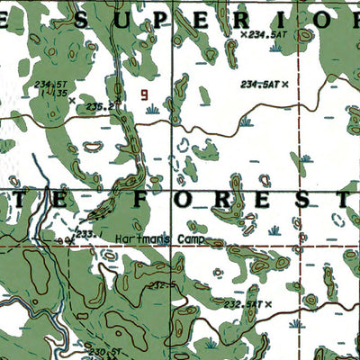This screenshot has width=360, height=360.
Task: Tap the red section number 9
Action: [x=143, y=93]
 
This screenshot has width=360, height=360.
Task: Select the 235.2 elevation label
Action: [x=100, y=105]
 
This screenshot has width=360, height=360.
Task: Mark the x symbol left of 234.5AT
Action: [x=244, y=34]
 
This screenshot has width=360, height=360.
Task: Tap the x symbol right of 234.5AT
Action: [x=285, y=84]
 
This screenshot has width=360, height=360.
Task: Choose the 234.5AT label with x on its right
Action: [x=259, y=84]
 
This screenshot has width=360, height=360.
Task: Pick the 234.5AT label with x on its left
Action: [x=268, y=34]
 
